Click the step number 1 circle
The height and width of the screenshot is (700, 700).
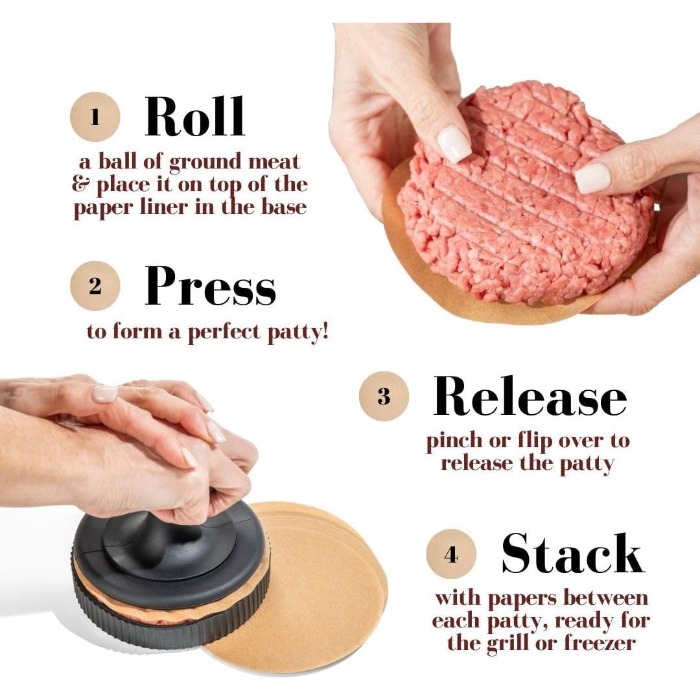coord(95,118)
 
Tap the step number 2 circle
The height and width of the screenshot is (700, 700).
coord(95,286)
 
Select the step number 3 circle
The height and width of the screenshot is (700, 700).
coord(384,397)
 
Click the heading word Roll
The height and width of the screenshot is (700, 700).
coord(194,117)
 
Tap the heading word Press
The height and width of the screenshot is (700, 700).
coord(210,286)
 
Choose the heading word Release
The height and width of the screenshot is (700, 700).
coord(530,395)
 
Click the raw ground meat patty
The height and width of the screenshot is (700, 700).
coord(525,194)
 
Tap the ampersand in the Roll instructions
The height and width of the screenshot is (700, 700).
coord(81,185)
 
